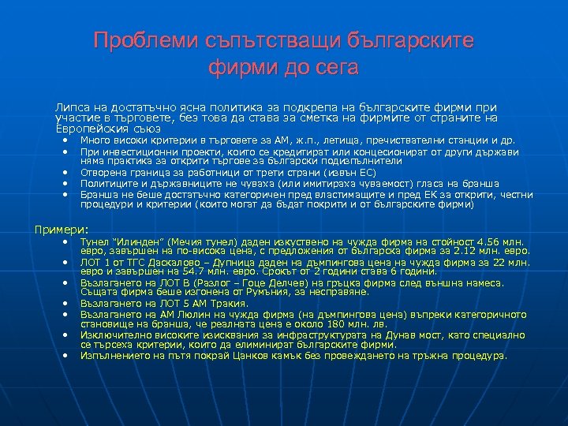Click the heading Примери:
(x=60, y=229)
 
